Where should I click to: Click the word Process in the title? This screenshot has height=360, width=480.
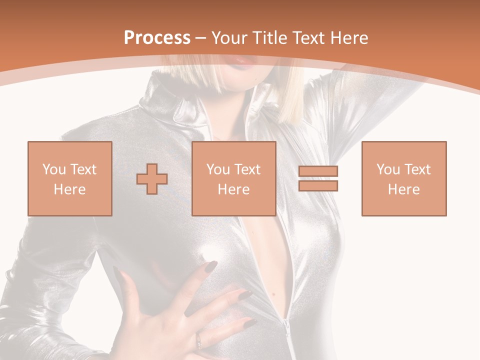[x=157, y=38]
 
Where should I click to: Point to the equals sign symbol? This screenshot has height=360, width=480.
[x=318, y=178]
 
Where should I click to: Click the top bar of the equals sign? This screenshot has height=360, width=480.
[x=318, y=171]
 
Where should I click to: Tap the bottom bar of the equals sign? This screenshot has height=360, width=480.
[x=318, y=185]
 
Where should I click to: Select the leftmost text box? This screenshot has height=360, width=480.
[x=69, y=178]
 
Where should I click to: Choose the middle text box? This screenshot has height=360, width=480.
[x=233, y=178]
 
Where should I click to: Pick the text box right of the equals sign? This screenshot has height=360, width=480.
[x=403, y=178]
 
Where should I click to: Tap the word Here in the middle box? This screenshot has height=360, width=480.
[x=233, y=189]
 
